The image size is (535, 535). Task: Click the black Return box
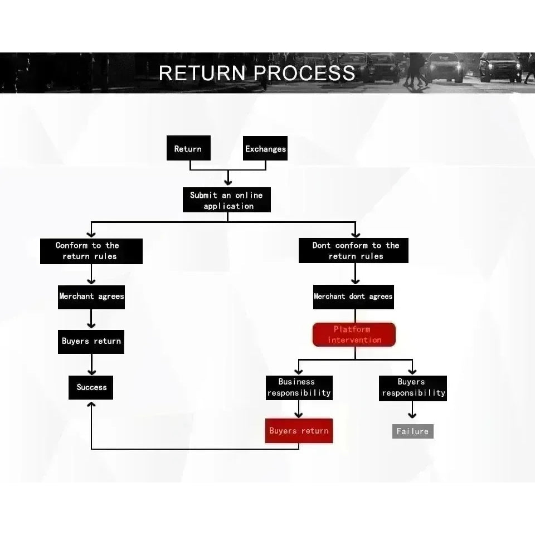tap(188, 148)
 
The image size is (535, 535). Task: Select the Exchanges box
tap(265, 148)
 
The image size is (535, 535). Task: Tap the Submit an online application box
tap(227, 200)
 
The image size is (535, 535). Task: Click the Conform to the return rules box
tap(91, 251)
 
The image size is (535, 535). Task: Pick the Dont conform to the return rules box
tap(353, 250)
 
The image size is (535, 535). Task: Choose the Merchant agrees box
tap(91, 297)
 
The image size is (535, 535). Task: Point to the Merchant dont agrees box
tap(353, 297)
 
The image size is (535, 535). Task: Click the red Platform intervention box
tap(354, 334)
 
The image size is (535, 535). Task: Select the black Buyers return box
tap(91, 342)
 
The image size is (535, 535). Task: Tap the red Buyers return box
tap(299, 431)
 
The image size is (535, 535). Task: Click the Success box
tap(91, 388)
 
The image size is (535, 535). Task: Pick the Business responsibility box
tap(299, 388)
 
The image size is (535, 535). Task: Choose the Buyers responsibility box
tap(413, 388)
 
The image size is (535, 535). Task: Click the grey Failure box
tap(413, 431)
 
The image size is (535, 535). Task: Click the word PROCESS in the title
tap(304, 73)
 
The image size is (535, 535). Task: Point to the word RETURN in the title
tap(202, 73)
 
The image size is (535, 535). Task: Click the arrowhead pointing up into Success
tap(91, 405)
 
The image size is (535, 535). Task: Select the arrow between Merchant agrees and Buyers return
tap(91, 319)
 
